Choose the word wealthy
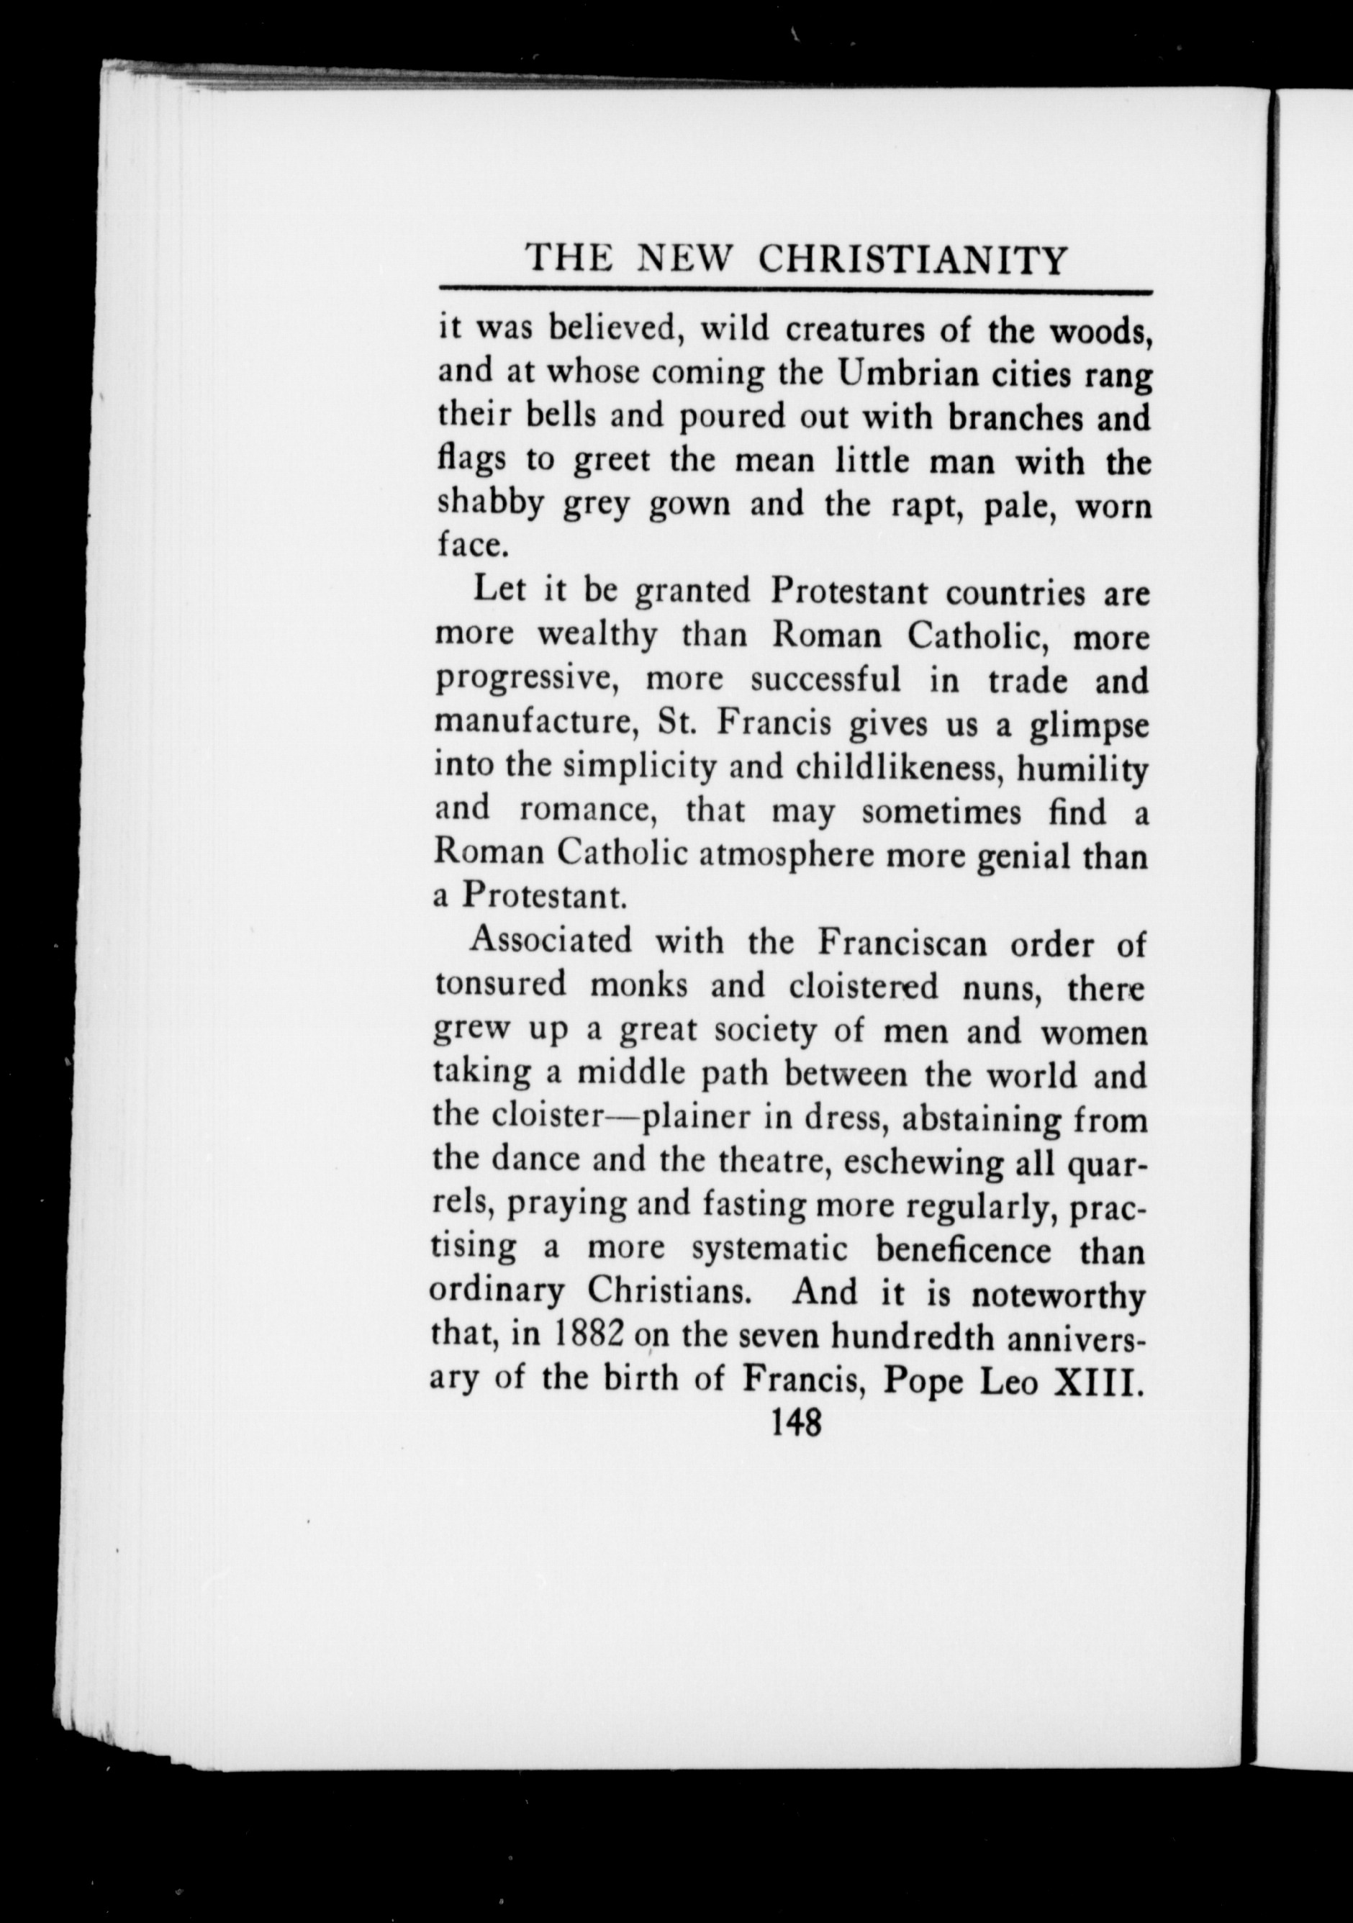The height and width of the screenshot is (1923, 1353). (x=597, y=636)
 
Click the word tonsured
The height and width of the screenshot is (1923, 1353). (x=500, y=987)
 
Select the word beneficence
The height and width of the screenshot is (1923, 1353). (x=963, y=1249)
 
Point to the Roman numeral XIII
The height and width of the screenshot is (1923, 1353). (x=1098, y=1380)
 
